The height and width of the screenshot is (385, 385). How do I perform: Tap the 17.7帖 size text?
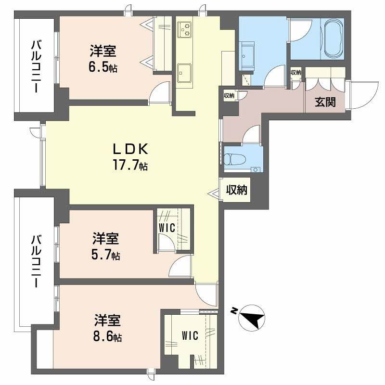click(x=130, y=166)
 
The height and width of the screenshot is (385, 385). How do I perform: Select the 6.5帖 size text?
click(x=103, y=67)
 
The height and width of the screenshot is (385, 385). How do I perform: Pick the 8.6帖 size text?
click(x=107, y=336)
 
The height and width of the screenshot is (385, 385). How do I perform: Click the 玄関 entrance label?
click(x=325, y=102)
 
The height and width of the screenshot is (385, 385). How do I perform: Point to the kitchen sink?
click(x=183, y=74)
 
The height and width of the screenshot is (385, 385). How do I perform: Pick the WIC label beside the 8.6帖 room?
click(x=190, y=335)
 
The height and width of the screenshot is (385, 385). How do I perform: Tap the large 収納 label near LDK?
click(x=236, y=190)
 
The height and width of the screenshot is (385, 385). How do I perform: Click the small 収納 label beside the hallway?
click(x=229, y=95)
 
